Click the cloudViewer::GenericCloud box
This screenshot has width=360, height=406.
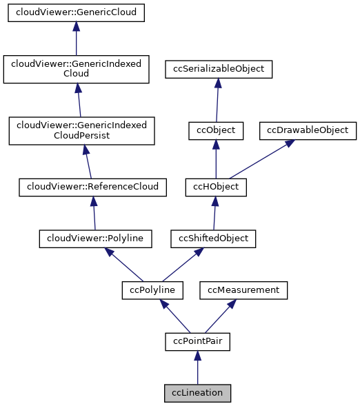point(76,12)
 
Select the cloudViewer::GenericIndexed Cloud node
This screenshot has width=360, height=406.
point(76,69)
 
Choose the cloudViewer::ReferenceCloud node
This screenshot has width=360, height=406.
point(92,186)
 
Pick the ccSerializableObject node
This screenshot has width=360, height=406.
point(219,69)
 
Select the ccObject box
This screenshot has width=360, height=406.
point(216,130)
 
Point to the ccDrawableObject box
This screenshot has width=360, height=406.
point(308,130)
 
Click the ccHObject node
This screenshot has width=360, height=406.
point(216,186)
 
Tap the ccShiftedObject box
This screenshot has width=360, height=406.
point(214,238)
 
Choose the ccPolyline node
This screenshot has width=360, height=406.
point(152,290)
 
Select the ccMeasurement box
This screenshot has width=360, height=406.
point(243,290)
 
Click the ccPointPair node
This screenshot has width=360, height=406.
point(197,341)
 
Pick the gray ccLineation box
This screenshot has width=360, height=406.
point(197,393)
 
